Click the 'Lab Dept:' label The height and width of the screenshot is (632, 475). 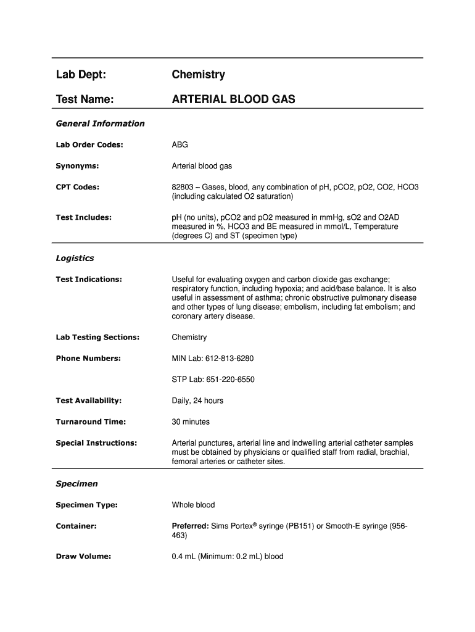pyautogui.click(x=81, y=75)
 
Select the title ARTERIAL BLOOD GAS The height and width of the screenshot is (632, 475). pyautogui.click(x=233, y=99)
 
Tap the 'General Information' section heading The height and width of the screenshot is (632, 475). pyautogui.click(x=100, y=123)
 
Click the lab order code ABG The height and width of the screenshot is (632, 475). pyautogui.click(x=180, y=145)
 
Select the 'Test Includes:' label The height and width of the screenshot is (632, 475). pyautogui.click(x=83, y=217)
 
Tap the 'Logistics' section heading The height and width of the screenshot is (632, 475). pyautogui.click(x=75, y=258)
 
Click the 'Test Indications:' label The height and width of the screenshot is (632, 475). pyautogui.click(x=89, y=280)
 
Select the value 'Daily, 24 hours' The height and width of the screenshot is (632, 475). pyautogui.click(x=197, y=401)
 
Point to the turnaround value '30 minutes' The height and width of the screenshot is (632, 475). pyautogui.click(x=191, y=422)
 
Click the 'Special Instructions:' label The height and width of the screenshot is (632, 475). pyautogui.click(x=96, y=443)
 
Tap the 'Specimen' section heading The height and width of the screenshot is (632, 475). pyautogui.click(x=76, y=484)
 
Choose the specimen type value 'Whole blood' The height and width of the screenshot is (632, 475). pyautogui.click(x=193, y=505)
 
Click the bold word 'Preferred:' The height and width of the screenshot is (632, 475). pyautogui.click(x=190, y=526)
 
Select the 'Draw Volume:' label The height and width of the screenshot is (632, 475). pyautogui.click(x=83, y=557)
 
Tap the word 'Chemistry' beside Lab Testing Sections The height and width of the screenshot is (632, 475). pyautogui.click(x=189, y=338)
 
